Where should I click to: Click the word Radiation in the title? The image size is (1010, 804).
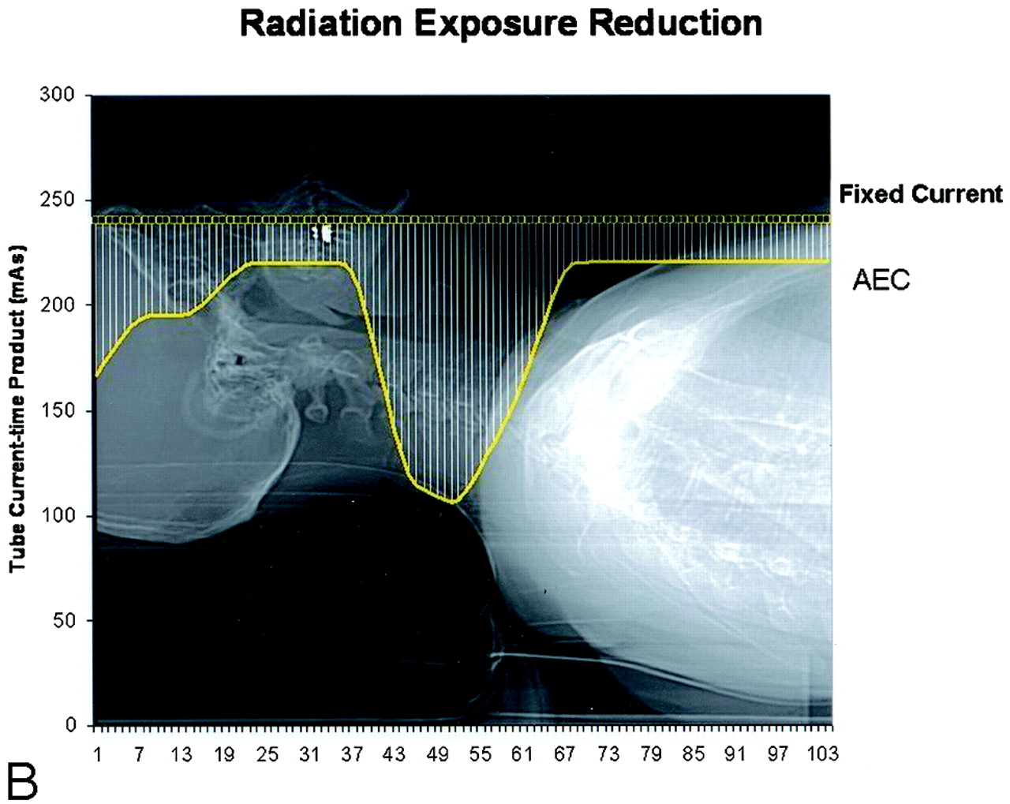click(x=321, y=24)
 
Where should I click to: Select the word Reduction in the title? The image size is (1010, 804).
click(x=675, y=24)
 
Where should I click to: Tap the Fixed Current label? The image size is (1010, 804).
click(x=920, y=194)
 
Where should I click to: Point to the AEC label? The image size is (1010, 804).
click(x=881, y=280)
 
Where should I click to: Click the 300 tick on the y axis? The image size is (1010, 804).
click(x=57, y=95)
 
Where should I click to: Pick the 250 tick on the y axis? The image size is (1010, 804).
click(x=57, y=200)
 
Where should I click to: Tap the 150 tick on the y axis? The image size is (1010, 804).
click(x=57, y=411)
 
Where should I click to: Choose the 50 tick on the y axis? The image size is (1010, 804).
click(x=63, y=620)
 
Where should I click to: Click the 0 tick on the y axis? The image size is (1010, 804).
click(x=70, y=725)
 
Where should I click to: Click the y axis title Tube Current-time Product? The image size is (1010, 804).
click(x=17, y=408)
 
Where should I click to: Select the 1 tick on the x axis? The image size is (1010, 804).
click(x=98, y=755)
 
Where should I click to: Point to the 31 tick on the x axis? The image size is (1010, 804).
click(x=310, y=755)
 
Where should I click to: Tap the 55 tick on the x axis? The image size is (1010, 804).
click(x=480, y=755)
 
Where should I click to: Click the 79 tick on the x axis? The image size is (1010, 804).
click(x=650, y=755)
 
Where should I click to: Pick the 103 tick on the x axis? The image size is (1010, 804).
click(x=822, y=755)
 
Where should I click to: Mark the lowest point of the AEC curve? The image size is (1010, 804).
click(x=454, y=503)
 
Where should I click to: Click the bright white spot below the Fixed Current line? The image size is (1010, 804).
click(x=324, y=233)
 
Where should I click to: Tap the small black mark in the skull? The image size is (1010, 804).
click(x=240, y=360)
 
